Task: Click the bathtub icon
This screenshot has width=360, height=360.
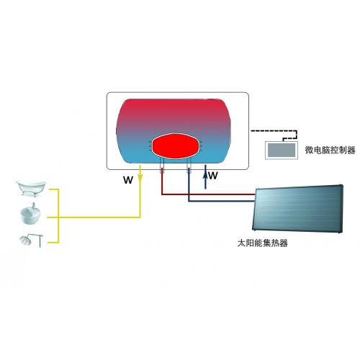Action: click(31, 189)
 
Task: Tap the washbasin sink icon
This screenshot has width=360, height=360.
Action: click(30, 214)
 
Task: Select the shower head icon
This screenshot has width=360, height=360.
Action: click(31, 240)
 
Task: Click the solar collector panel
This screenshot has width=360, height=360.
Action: click(299, 209)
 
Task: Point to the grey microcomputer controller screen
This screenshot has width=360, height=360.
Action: click(282, 150)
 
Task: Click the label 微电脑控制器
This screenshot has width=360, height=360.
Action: click(330, 150)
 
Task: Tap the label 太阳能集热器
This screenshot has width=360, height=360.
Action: click(262, 243)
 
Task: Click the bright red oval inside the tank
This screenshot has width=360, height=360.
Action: click(176, 145)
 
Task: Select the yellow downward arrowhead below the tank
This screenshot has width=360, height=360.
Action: click(140, 179)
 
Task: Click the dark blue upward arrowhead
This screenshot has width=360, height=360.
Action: click(205, 175)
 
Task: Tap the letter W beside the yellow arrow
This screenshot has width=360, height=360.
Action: click(128, 180)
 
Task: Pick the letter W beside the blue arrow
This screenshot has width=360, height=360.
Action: click(213, 176)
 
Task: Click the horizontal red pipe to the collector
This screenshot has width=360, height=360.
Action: click(208, 194)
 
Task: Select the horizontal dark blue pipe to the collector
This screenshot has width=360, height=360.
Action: click(222, 201)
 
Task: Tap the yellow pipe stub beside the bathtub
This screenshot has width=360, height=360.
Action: click(54, 189)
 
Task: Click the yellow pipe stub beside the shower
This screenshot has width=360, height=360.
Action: click(53, 243)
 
